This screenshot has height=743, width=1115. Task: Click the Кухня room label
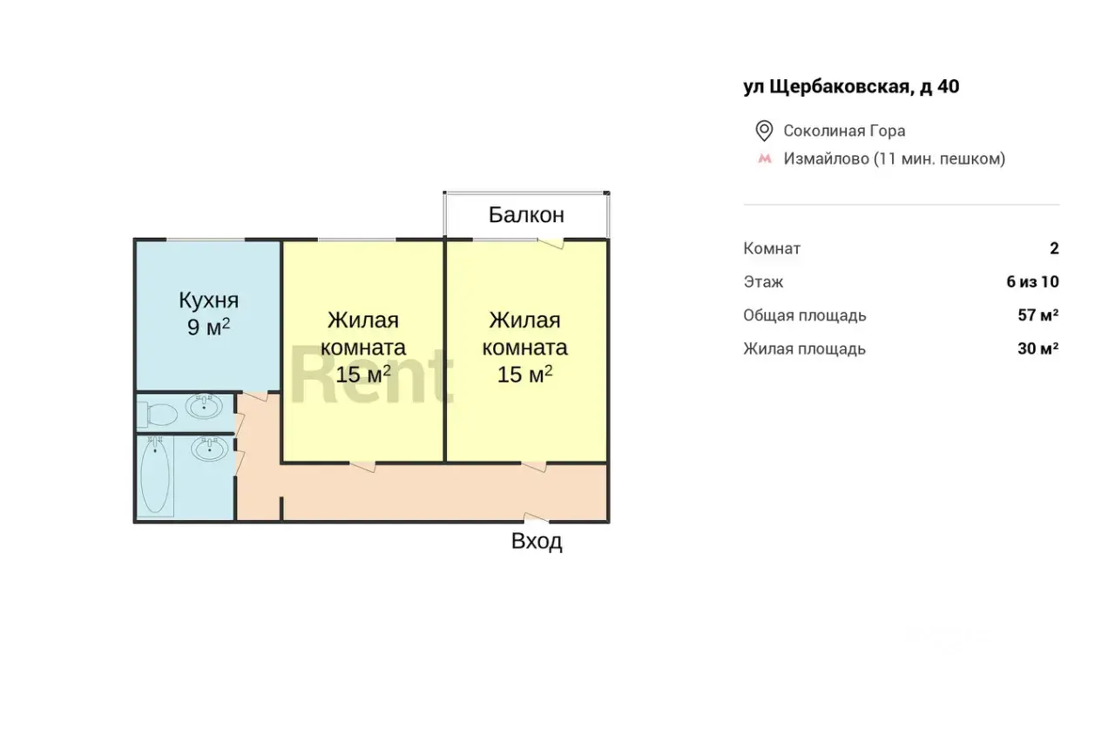point(208,301)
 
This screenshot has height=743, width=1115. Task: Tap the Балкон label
point(526,215)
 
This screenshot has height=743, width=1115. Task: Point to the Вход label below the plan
point(537,541)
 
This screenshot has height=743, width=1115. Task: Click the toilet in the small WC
point(158,415)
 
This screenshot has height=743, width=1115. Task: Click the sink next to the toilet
point(204,407)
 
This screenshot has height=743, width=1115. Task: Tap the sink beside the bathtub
point(210,449)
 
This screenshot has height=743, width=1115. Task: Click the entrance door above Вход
point(536,517)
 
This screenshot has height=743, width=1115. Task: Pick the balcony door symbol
point(551,244)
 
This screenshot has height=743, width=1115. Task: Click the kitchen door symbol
point(255,396)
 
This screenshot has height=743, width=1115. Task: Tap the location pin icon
point(764,131)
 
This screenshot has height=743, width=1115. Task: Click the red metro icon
point(765,159)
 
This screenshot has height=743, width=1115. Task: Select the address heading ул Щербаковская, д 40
point(851,86)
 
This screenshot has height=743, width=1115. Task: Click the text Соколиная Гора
point(844,131)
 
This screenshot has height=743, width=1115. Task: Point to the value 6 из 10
point(1033,281)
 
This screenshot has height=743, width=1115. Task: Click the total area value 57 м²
point(1038,315)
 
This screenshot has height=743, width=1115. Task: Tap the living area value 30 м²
point(1038,348)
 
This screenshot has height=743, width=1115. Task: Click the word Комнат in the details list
point(772,248)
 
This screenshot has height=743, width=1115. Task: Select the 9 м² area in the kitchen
point(208,327)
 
